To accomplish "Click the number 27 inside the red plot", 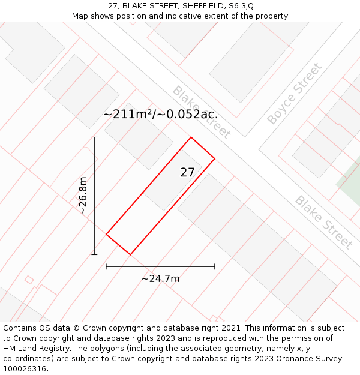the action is coord(187,172).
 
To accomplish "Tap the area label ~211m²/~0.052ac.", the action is coord(160,114).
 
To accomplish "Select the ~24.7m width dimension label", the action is coord(160,278).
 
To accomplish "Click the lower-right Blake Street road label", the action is coord(323,222).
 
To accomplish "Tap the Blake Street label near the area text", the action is coord(201,112).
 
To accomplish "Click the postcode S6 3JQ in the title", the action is coord(239,6).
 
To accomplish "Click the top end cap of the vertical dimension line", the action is coord(94,137).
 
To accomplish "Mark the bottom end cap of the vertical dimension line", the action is coord(94,254).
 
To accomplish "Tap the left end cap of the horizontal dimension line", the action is coord(106,266).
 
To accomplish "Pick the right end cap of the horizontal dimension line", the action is coord(214,266).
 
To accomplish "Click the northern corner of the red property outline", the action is coord(191,137).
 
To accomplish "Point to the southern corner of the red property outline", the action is coord(130,254).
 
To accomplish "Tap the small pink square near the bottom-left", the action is coord(29,280).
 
